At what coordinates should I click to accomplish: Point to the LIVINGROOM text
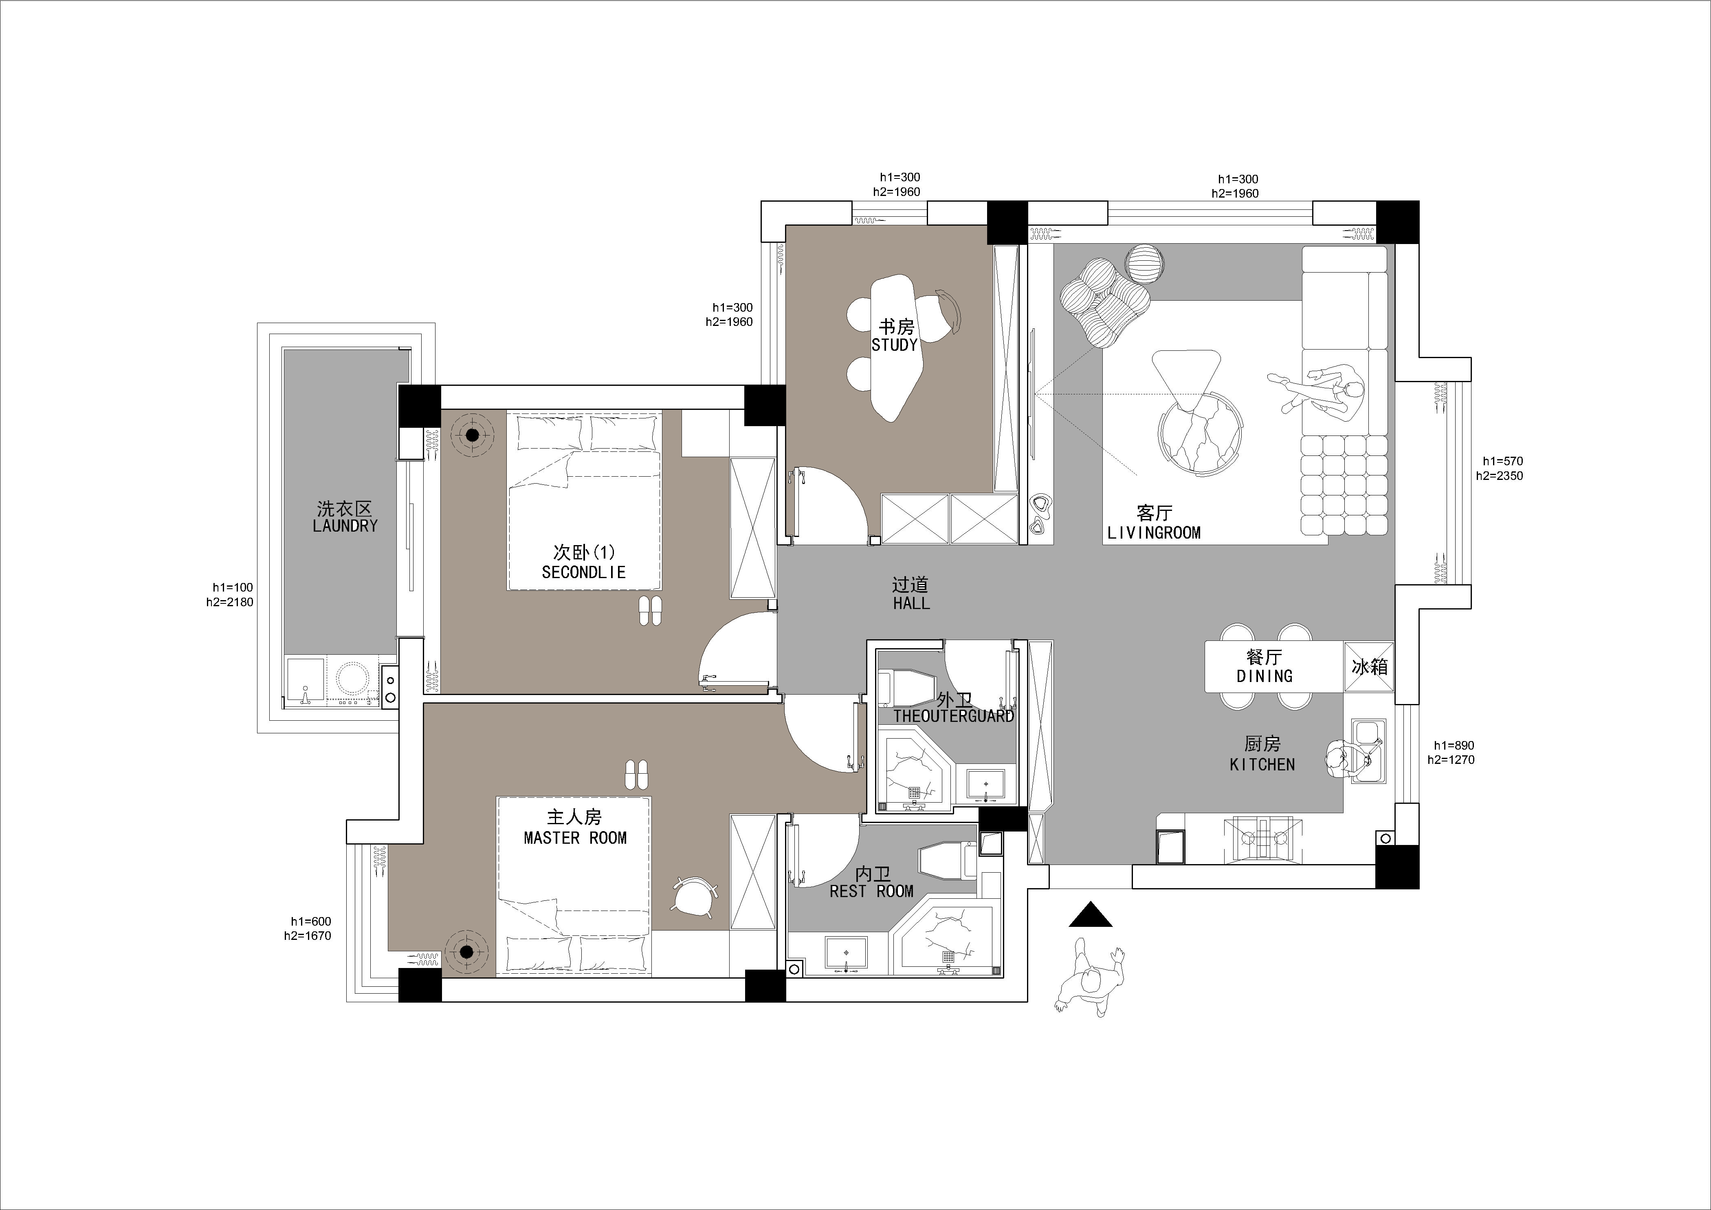click(1154, 533)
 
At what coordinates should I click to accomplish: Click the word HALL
click(910, 603)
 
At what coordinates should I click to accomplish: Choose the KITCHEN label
click(1262, 764)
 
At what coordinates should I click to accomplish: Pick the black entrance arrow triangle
click(1090, 916)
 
